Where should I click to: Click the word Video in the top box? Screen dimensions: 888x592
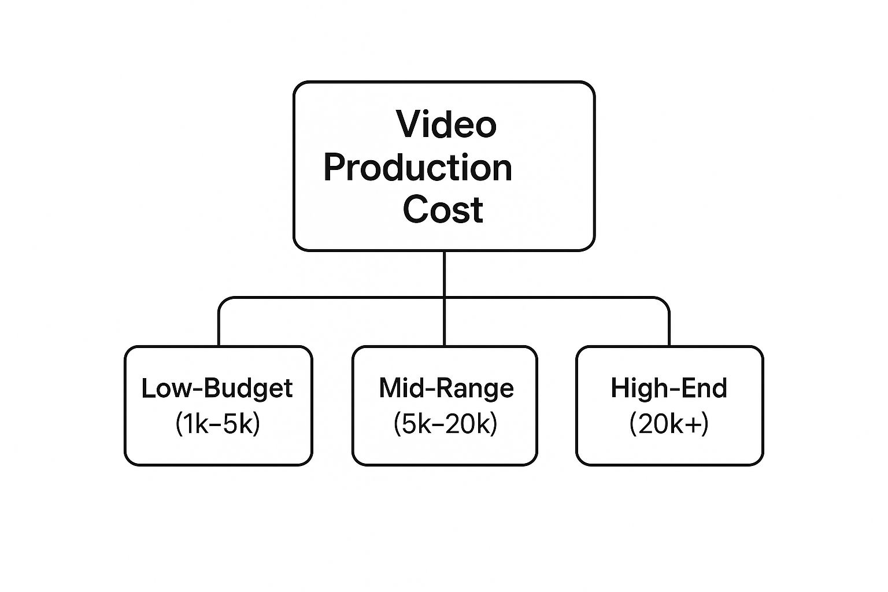point(446,124)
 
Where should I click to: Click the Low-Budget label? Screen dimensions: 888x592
point(217,388)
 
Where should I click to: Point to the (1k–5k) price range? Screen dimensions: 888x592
point(217,424)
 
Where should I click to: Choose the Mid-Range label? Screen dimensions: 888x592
point(446,388)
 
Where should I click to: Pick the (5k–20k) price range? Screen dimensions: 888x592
point(445,424)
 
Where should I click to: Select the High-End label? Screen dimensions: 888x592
point(669,388)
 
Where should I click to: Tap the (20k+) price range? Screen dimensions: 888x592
point(669,424)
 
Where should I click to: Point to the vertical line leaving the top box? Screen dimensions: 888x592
point(444,274)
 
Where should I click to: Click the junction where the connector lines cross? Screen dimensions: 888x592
point(444,297)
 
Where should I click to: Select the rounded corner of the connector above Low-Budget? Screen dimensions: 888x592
point(223,301)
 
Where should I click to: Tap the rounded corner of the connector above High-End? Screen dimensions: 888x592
point(665,301)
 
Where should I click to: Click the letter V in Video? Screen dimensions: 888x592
point(408,124)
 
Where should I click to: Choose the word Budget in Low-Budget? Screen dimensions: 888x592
point(249,388)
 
